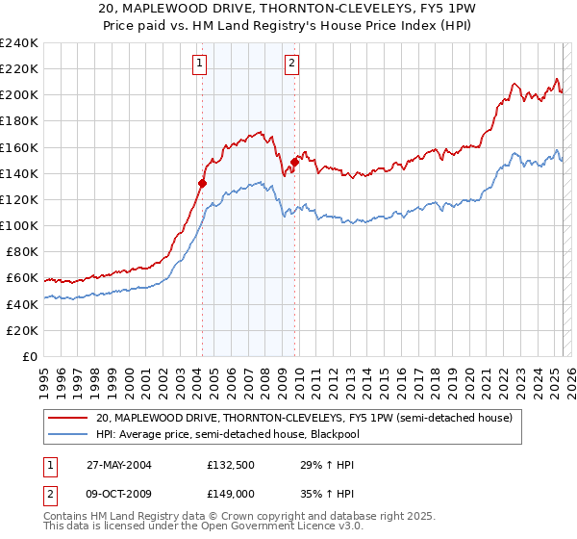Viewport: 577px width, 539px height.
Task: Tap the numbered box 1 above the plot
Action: click(199, 64)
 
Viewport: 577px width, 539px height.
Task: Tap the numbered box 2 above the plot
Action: click(290, 64)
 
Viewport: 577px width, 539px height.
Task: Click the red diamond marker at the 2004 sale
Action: click(203, 183)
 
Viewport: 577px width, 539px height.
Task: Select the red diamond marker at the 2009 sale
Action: click(295, 162)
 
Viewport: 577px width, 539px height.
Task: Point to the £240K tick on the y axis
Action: click(19, 43)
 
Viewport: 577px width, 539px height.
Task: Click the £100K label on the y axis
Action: click(19, 225)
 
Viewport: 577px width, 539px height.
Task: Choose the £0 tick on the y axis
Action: click(31, 356)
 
